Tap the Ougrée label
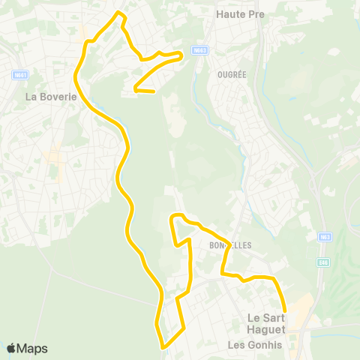tap(232, 75)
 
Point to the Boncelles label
tap(229, 245)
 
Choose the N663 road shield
tap(198, 51)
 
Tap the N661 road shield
tap(21, 75)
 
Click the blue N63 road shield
tap(325, 236)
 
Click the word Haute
tap(227, 13)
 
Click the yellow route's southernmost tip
tap(162, 346)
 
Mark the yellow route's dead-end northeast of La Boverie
tap(153, 92)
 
